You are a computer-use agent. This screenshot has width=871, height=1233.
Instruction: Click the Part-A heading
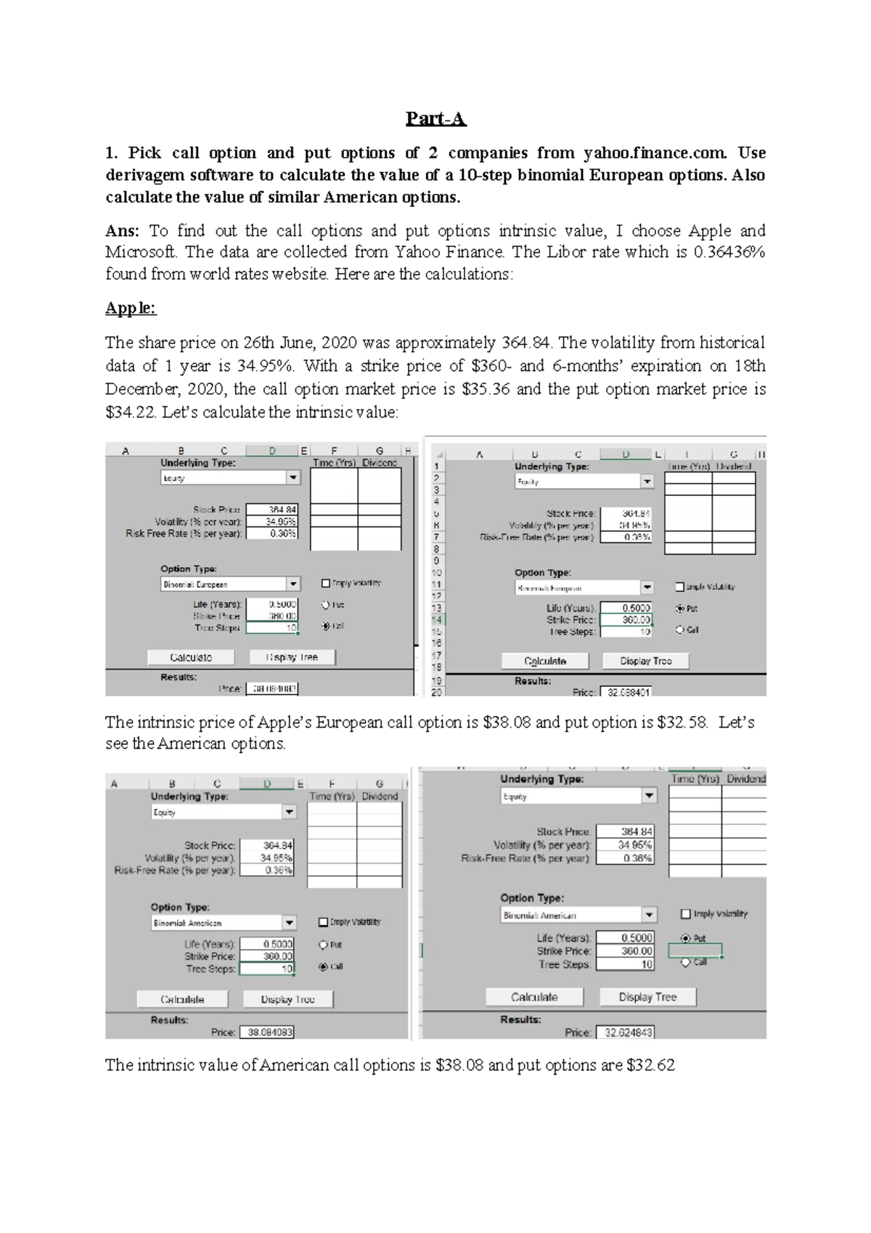tap(435, 118)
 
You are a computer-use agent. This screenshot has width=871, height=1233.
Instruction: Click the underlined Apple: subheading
tap(131, 308)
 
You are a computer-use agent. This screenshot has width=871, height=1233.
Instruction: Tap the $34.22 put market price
tap(131, 412)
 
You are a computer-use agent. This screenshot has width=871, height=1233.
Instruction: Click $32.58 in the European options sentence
tap(682, 723)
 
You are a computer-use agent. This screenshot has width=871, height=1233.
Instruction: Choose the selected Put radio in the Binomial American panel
tap(686, 938)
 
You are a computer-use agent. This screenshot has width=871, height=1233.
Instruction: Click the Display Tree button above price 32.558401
tap(645, 661)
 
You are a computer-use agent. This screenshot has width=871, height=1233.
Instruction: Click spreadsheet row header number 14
tap(436, 619)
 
